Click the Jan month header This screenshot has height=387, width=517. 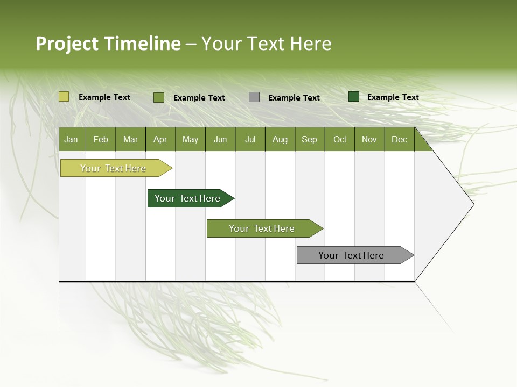72,139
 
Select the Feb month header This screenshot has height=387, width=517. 101,139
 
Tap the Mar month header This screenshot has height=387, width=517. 130,139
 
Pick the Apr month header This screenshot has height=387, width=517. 160,139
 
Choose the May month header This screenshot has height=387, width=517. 190,139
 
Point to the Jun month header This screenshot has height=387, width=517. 220,139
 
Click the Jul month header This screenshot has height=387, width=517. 250,139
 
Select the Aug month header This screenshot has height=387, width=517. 280,139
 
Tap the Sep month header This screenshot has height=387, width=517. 310,139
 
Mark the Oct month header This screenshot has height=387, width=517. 340,139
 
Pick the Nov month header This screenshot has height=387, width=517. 369,139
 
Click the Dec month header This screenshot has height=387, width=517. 400,139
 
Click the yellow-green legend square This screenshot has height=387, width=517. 64,97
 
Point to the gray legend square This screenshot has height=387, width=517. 254,97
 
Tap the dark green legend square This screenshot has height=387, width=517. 354,97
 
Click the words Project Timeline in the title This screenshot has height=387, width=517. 108,44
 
